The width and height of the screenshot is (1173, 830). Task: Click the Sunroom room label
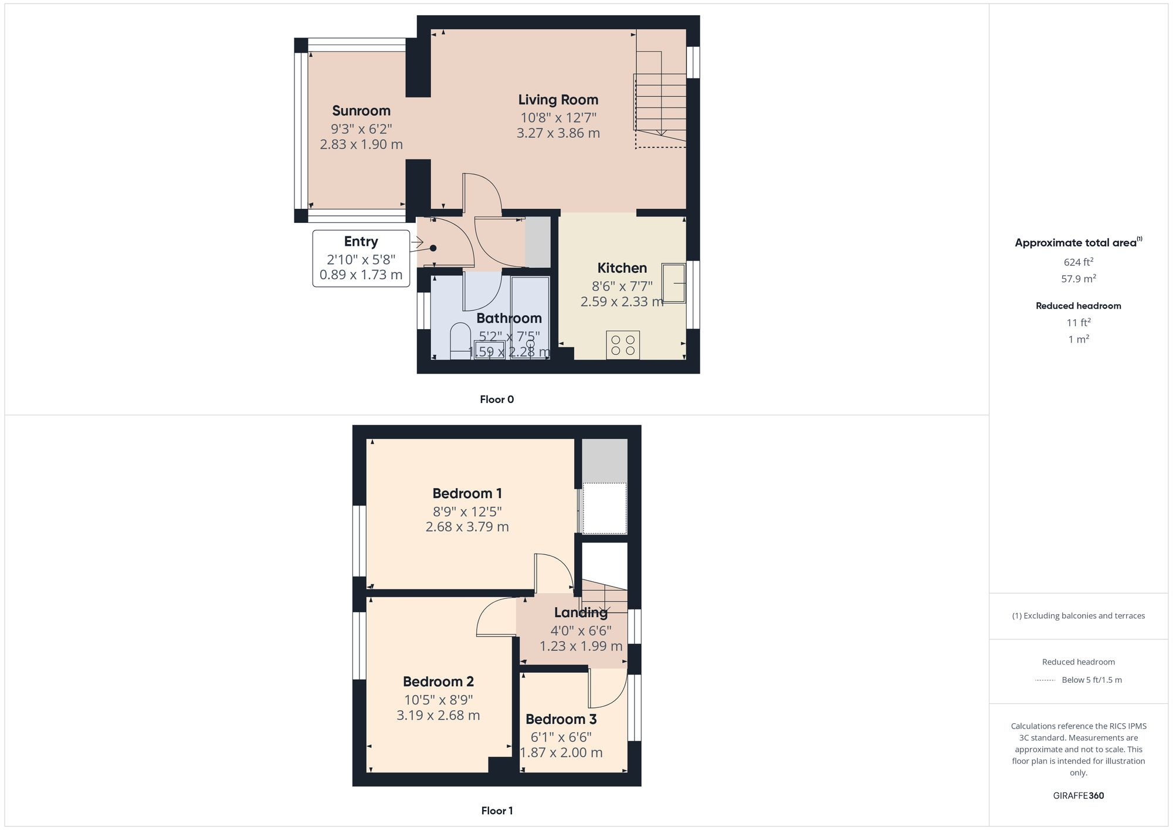click(x=361, y=111)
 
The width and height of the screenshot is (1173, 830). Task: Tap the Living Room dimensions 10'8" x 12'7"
click(x=558, y=117)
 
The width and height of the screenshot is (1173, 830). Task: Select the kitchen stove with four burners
click(x=622, y=345)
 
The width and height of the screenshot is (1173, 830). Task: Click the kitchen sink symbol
click(x=673, y=283)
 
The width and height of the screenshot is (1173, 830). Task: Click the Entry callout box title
click(x=361, y=242)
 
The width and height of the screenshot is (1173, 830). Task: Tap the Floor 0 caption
click(x=496, y=399)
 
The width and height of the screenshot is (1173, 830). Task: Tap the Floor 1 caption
click(x=497, y=811)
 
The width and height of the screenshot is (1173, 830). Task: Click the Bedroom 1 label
click(x=467, y=493)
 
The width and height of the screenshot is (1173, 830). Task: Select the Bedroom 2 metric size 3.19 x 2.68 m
click(x=438, y=716)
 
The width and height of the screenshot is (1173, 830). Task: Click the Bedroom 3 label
click(x=561, y=719)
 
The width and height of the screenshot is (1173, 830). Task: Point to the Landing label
click(x=581, y=612)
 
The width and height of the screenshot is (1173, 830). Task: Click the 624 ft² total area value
click(x=1078, y=262)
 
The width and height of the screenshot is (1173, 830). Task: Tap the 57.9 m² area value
click(x=1078, y=279)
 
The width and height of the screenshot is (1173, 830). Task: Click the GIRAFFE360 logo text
click(x=1078, y=796)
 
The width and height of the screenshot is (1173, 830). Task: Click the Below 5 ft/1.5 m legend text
click(x=1091, y=680)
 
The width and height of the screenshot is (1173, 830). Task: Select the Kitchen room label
click(x=622, y=268)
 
